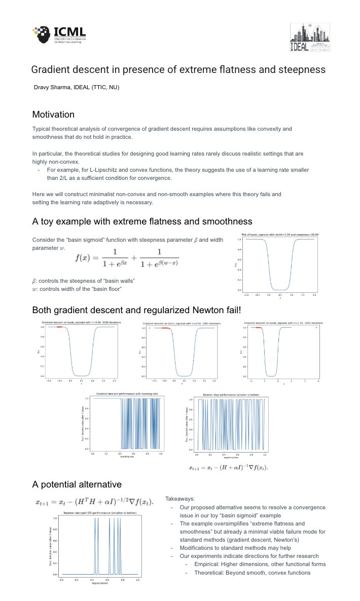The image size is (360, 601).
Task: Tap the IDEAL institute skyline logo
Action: coord(309,38)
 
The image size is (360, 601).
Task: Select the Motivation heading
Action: coord(53,115)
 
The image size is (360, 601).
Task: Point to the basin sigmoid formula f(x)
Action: coord(127,257)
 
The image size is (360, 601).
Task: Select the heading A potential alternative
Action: coord(77,484)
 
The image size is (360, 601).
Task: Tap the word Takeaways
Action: coord(180,499)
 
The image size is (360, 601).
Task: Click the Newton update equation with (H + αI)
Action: coord(228,467)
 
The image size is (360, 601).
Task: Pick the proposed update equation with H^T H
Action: coord(94,502)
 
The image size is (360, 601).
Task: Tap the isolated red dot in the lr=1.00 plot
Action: coord(316,327)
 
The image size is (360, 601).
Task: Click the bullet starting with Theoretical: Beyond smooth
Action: coord(252,573)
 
